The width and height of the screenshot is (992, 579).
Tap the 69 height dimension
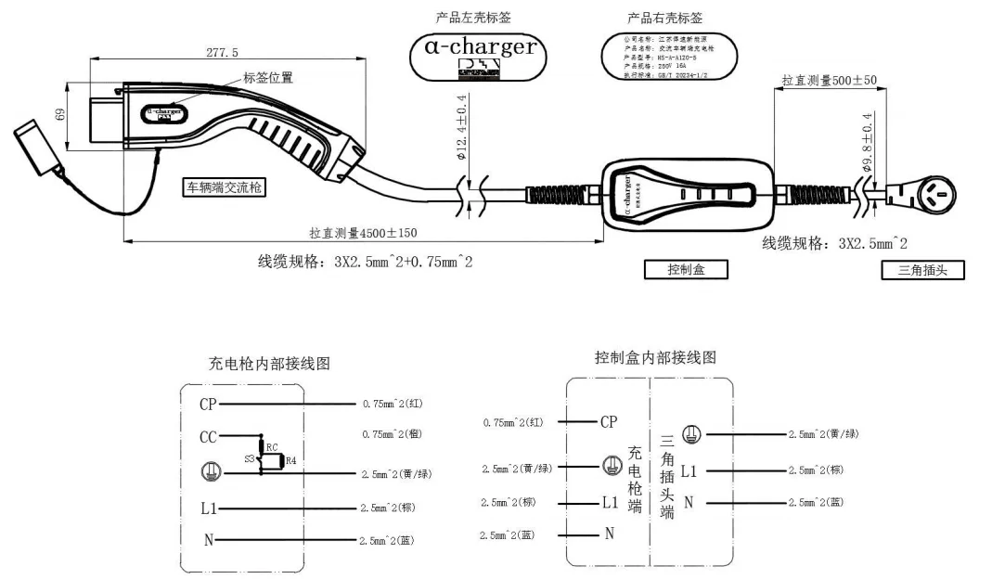pos(59,115)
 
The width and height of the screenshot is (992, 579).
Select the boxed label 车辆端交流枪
pos(224,187)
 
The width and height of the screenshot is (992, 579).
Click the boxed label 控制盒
pos(686,269)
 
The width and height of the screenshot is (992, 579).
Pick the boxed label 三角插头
pos(922,270)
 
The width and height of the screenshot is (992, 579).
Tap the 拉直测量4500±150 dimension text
pos(363,233)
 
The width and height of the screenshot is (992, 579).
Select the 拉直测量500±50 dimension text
pos(830,81)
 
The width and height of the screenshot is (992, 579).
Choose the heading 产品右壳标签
pos(664,18)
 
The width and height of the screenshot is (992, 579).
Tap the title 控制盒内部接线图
pos(655,357)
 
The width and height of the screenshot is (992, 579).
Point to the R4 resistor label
pos(290,460)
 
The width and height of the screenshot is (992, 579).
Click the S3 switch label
pos(248,458)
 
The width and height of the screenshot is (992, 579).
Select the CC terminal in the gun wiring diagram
pos(208,437)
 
